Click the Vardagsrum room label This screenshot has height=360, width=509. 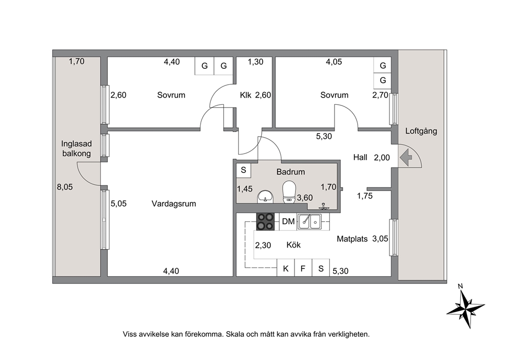tap(173, 204)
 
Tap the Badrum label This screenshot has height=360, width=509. tap(290, 172)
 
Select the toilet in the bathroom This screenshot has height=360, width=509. tap(288, 192)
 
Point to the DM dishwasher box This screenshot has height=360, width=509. tap(288, 221)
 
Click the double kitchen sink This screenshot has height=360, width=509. tap(310, 221)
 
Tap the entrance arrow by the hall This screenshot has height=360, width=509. tap(406, 158)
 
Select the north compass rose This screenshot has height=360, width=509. tap(465, 307)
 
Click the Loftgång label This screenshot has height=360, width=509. tap(421, 131)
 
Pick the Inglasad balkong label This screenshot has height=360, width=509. tap(76, 148)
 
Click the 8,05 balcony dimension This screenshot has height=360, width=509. tap(65, 187)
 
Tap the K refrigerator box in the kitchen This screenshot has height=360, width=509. tap(286, 268)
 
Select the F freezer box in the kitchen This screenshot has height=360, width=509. tap(303, 268)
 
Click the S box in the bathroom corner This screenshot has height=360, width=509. tap(243, 169)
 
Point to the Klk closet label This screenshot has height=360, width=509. tap(246, 95)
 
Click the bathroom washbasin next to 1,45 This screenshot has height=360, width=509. tap(266, 197)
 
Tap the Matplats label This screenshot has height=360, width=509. tap(352, 239)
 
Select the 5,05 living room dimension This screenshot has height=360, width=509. tap(119, 204)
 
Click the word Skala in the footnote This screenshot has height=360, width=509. tap(236, 334)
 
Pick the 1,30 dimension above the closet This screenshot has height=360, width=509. tap(256, 62)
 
